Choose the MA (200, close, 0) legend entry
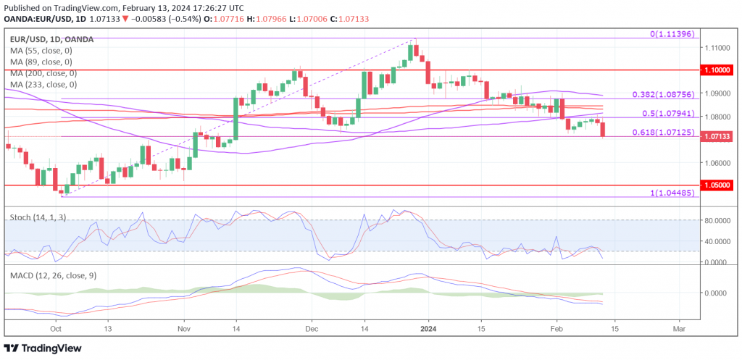pos(43,73)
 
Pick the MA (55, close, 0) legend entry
pos(41,50)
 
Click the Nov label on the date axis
pos(183,328)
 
